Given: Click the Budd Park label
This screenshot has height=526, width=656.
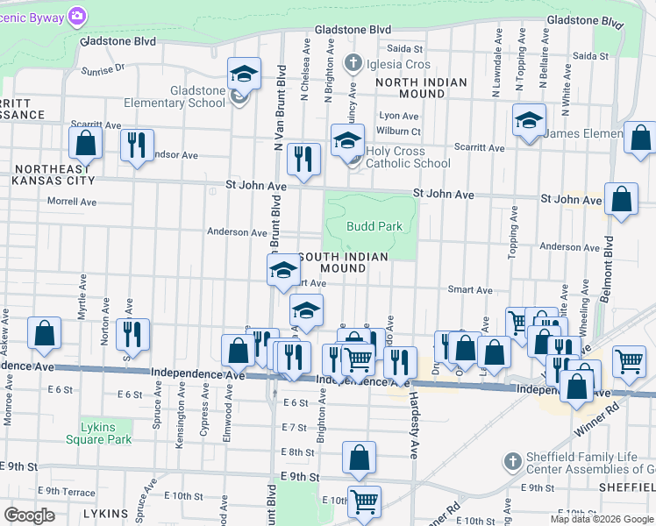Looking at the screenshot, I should point(374,226).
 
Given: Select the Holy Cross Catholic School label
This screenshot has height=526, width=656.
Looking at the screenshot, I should point(409,157).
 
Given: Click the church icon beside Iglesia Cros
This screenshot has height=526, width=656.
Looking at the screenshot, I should point(353,64).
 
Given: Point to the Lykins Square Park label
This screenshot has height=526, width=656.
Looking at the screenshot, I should point(105,433).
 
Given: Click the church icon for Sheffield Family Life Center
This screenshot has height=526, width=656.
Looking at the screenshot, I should point(512,460).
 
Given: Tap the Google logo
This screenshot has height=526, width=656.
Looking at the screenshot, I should point(29,515).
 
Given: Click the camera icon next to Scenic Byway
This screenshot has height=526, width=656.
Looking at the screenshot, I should point(78,16).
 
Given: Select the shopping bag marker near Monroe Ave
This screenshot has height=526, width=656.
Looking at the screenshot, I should point(44,334).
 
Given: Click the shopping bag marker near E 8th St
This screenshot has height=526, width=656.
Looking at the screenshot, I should point(359,458).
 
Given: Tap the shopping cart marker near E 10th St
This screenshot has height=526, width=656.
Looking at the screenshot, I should point(364,502).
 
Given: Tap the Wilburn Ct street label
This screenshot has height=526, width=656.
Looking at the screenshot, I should point(400,131).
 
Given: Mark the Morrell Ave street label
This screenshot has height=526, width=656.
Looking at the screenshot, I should point(72,201).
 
